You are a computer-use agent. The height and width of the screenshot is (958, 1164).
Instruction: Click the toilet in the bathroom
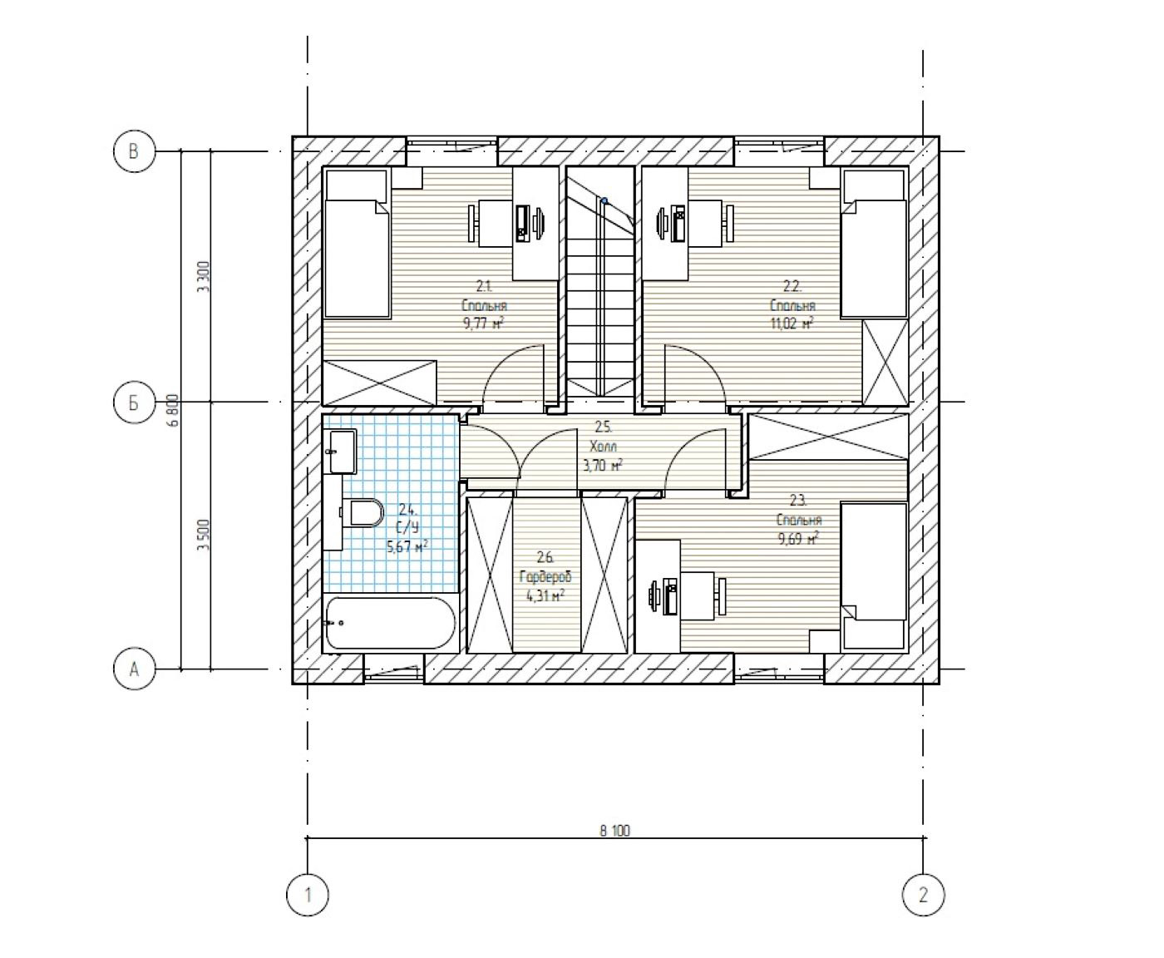coord(364,512)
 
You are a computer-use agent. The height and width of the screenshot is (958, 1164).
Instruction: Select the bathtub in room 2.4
coord(390,623)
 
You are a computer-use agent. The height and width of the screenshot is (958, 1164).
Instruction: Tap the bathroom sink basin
coord(341,451)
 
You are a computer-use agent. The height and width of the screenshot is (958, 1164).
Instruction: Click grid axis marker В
coord(134,151)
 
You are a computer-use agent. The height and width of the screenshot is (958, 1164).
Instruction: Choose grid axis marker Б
coord(134,402)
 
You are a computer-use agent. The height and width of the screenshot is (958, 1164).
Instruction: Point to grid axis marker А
coord(134,669)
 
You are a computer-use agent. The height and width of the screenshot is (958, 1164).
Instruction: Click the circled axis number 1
coord(308,895)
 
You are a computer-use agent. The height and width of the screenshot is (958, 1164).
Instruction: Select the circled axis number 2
coord(923,895)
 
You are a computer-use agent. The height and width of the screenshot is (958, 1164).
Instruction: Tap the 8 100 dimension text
coord(614,830)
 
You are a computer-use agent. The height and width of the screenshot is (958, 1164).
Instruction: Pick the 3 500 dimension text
coord(203,535)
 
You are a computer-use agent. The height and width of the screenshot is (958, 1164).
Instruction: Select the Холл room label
coord(603,447)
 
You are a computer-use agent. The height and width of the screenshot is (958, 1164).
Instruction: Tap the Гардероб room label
coord(545,577)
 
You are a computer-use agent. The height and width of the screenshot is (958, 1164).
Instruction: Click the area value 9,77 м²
coord(484,323)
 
